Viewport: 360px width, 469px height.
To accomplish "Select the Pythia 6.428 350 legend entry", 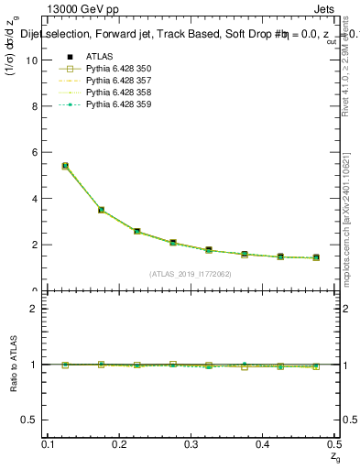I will click(118, 70).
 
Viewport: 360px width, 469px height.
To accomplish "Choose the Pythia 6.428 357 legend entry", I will click(118, 82).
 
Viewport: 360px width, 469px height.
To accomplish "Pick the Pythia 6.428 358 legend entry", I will click(118, 93).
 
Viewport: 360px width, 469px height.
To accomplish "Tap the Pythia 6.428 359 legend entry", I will click(118, 105).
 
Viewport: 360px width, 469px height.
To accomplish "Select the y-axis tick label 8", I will click(35, 106).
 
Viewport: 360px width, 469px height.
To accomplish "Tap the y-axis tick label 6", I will click(35, 152).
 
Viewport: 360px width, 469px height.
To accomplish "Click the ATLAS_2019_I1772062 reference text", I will click(191, 274).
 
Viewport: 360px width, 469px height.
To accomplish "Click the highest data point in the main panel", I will click(65, 166).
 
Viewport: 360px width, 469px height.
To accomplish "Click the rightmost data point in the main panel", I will click(316, 257).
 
